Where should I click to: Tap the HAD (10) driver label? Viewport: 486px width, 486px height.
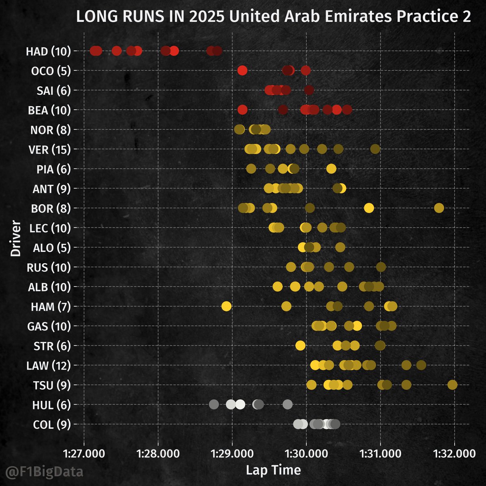[48, 51]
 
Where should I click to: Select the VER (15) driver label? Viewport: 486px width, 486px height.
[48, 150]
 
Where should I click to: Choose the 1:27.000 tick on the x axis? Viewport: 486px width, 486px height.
[84, 453]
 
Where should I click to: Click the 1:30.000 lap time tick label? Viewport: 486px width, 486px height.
[306, 453]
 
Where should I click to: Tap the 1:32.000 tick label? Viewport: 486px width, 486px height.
[454, 453]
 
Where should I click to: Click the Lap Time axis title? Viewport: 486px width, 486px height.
[273, 470]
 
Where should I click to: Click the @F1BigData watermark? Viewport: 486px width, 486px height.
[44, 472]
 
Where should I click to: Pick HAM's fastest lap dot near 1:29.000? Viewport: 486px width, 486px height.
[226, 306]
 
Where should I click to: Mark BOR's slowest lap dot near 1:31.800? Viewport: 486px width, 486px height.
[439, 208]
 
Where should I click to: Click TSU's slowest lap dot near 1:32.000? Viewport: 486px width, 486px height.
[452, 385]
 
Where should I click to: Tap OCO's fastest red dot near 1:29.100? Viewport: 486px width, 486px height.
[242, 70]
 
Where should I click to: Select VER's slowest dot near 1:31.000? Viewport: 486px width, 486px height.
[375, 149]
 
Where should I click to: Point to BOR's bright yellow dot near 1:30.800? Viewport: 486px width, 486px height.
[369, 208]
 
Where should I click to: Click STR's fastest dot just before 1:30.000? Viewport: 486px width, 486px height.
[300, 345]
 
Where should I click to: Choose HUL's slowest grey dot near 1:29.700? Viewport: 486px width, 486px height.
[288, 404]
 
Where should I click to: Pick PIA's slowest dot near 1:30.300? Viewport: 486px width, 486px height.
[331, 168]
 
